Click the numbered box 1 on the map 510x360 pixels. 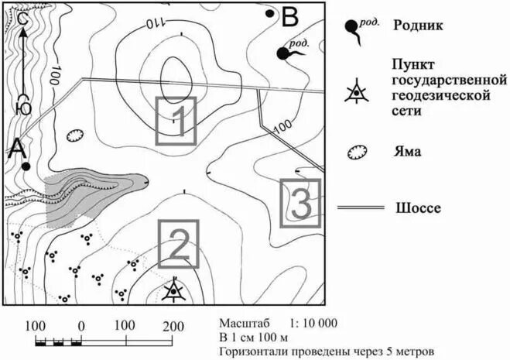point(176,121)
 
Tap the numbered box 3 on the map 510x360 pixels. point(301,203)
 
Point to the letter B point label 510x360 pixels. point(290,15)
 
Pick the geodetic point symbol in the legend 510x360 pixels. point(356,92)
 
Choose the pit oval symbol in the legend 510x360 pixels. point(357,152)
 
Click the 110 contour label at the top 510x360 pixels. point(155,24)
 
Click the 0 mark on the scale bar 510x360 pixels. point(81,324)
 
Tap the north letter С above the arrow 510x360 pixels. point(23,17)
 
